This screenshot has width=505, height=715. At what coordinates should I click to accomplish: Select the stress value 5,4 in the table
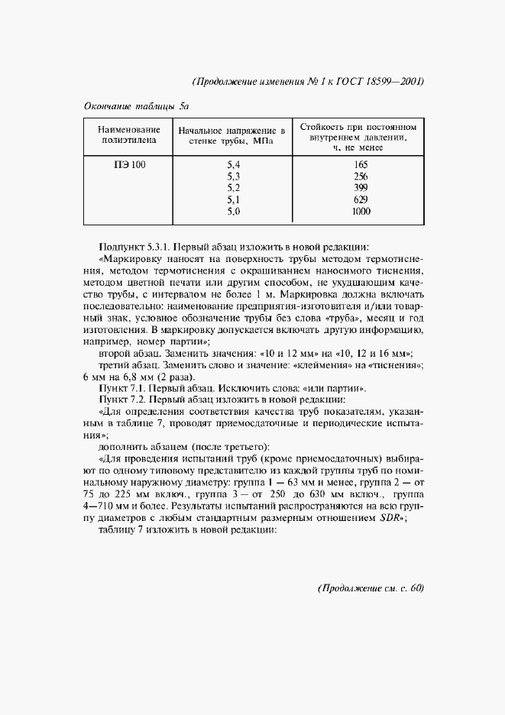234,165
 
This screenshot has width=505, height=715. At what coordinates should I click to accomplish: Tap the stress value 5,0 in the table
234,211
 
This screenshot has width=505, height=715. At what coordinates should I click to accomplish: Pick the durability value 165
361,165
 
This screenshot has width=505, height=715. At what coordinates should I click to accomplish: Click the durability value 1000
361,211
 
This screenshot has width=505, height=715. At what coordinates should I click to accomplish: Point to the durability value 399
361,188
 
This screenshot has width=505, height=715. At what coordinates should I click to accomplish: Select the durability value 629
361,199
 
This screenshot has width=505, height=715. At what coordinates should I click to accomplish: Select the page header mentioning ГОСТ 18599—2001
308,82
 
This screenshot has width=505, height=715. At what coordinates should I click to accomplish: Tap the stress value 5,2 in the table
234,188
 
